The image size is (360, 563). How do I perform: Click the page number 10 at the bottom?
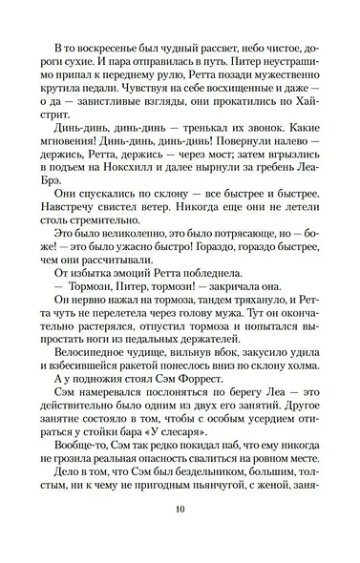coord(180,533)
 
